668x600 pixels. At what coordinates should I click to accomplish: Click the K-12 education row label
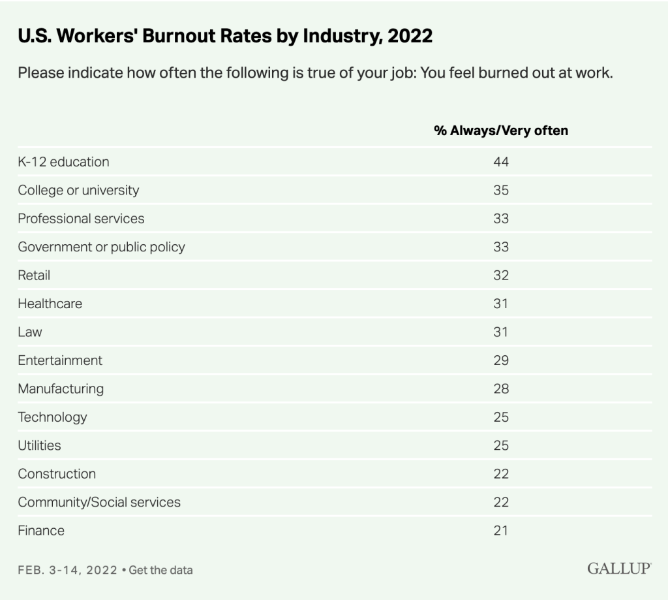point(63,162)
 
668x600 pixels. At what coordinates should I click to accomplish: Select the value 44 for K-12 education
point(500,162)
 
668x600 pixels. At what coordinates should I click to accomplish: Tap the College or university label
point(78,191)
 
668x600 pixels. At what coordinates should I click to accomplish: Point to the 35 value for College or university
point(500,191)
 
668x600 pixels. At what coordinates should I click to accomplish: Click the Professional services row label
point(81,219)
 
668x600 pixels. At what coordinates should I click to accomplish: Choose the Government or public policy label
point(101,247)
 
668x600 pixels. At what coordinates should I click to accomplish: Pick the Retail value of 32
point(500,276)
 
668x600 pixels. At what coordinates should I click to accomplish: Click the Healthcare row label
point(50,304)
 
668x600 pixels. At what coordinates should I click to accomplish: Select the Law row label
point(30,332)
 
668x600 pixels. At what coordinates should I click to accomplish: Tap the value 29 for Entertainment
point(500,360)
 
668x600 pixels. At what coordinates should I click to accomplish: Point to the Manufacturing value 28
point(500,389)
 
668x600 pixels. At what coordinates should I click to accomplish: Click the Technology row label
point(52,417)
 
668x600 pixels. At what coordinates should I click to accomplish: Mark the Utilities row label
point(39,445)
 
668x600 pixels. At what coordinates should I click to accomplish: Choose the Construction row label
point(57,474)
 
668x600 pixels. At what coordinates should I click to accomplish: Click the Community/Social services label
point(99,502)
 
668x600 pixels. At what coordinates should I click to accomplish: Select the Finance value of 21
point(500,531)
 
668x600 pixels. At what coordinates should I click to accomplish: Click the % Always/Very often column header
point(500,131)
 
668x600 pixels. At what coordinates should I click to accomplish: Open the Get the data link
point(160,570)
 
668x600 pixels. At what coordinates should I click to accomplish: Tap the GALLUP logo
point(618,569)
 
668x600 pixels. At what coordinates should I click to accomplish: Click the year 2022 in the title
point(410,37)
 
